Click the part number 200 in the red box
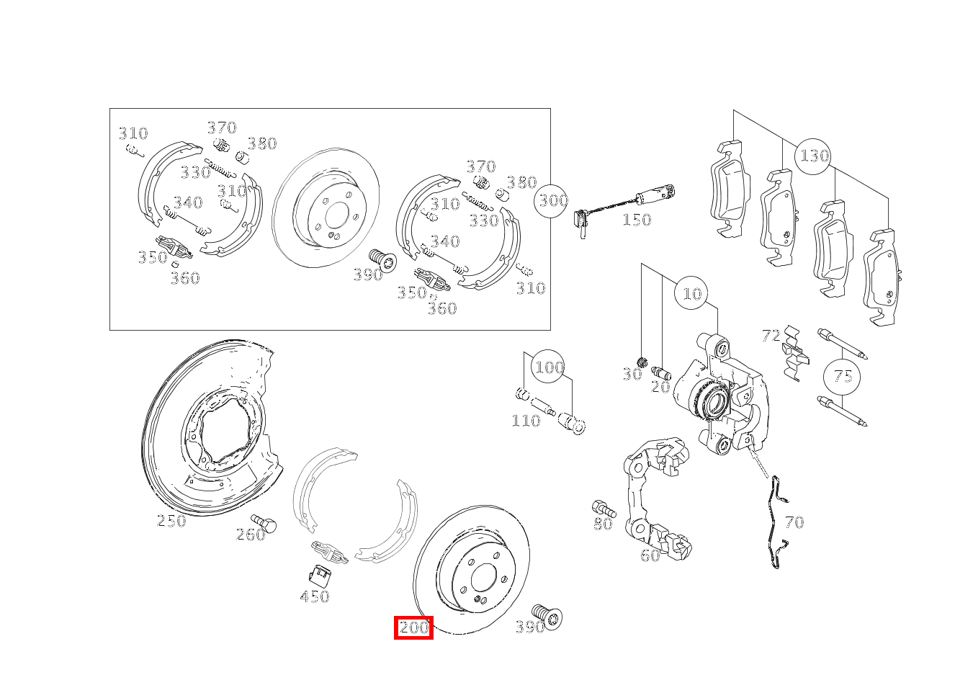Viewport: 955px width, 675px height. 413,627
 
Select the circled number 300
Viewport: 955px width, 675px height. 552,200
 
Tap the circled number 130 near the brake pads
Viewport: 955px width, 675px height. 814,156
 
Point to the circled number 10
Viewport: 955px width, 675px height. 691,293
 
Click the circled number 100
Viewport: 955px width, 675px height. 549,367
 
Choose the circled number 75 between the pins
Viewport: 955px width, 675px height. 842,376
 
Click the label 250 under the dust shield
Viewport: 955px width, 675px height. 171,521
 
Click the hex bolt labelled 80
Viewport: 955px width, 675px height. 602,508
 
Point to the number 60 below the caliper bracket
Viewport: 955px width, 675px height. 650,555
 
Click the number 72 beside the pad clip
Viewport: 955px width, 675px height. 771,336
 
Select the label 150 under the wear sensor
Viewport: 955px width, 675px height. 636,220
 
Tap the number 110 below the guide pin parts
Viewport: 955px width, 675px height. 525,421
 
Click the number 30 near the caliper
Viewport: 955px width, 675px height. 632,375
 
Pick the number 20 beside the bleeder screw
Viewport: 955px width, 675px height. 660,387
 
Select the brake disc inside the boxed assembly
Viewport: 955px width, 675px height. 326,209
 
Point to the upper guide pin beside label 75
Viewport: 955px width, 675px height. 842,344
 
